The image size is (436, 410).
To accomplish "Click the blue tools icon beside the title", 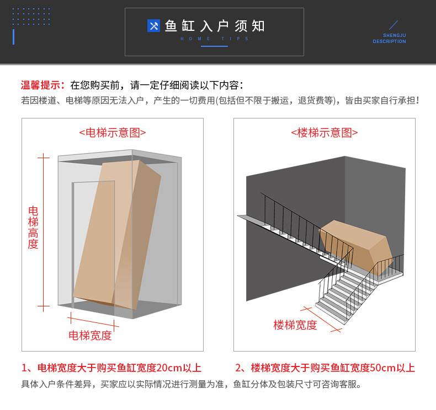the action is point(153,26).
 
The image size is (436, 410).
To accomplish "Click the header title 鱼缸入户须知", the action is point(215,26).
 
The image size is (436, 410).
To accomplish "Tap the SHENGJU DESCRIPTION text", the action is point(389,38).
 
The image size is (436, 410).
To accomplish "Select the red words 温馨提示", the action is point(42,85).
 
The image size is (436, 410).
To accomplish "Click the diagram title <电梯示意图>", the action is point(113,132).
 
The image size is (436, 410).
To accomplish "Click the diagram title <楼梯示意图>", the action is point(325,132).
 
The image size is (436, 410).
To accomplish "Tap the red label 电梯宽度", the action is point(90,335).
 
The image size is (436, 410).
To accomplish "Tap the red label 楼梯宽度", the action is point(295,325).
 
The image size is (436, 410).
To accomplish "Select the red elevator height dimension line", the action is point(43,231).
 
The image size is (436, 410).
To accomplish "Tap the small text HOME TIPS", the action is point(215,39).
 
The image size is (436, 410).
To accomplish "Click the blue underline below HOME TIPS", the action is point(214,46).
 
